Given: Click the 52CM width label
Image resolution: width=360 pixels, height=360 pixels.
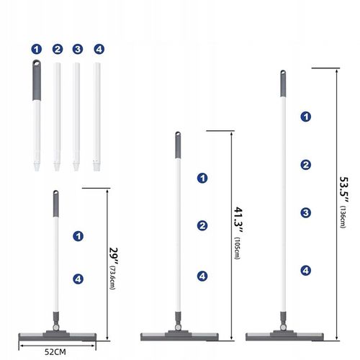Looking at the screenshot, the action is pyautogui.click(x=55, y=352).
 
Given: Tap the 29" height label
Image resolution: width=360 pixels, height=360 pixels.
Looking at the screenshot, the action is pyautogui.click(x=113, y=255).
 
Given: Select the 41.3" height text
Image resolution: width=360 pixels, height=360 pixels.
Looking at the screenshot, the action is pyautogui.click(x=238, y=220).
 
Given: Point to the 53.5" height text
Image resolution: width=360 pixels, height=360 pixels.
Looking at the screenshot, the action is pyautogui.click(x=344, y=190).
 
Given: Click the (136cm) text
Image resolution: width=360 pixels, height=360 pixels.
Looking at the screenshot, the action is pyautogui.click(x=343, y=217).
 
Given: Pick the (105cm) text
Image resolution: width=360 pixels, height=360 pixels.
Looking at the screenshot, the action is pyautogui.click(x=237, y=248).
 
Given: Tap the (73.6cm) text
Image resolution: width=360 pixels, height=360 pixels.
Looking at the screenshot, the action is pyautogui.click(x=112, y=277).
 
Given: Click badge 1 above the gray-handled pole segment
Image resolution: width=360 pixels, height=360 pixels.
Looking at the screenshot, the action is pyautogui.click(x=37, y=50).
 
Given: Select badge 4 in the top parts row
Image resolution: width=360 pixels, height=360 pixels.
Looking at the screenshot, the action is pyautogui.click(x=99, y=50).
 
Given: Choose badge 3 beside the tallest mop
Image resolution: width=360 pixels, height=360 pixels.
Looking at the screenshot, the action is pyautogui.click(x=306, y=213).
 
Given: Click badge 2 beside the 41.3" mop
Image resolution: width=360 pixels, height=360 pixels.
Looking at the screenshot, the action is pyautogui.click(x=202, y=226).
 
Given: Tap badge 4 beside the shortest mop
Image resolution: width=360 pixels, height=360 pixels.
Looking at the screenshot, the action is pyautogui.click(x=78, y=279).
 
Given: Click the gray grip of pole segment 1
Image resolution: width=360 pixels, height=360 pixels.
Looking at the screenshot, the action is pyautogui.click(x=37, y=80).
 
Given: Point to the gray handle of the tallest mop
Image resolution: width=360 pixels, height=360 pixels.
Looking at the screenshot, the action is pyautogui.click(x=283, y=84).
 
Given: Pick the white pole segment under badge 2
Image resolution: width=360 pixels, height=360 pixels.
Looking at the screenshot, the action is pyautogui.click(x=57, y=117).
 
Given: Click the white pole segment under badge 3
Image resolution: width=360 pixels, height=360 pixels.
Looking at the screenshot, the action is pyautogui.click(x=76, y=117).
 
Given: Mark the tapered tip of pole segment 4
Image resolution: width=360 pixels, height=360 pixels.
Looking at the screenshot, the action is pyautogui.click(x=96, y=166).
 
